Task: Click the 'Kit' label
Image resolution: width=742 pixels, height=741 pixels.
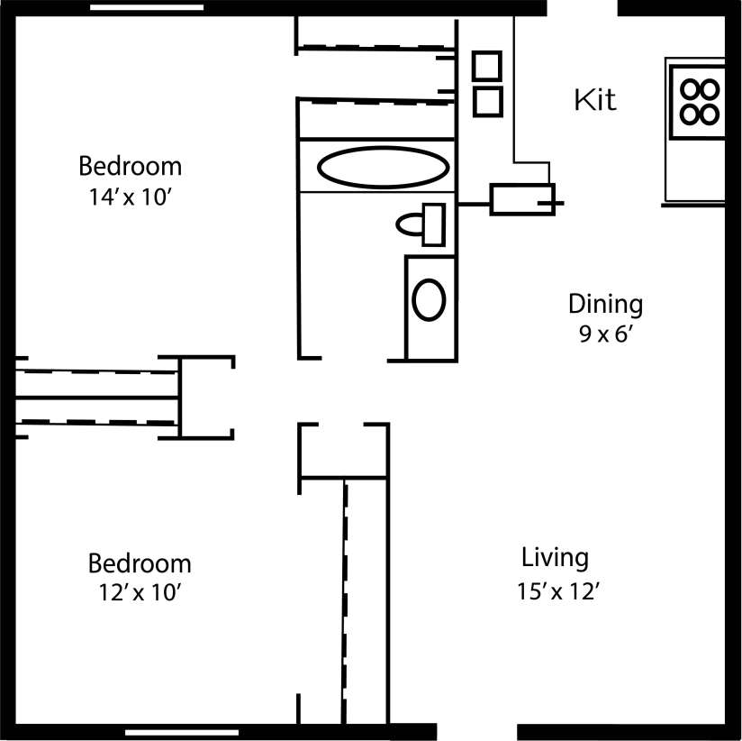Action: [x=595, y=99]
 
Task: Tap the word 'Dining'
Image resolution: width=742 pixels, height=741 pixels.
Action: [x=605, y=304]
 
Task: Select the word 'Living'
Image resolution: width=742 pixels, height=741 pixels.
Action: [x=555, y=557]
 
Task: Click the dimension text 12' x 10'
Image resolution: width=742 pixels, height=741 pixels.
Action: [x=139, y=592]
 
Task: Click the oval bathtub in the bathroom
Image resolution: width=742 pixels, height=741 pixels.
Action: [x=384, y=167]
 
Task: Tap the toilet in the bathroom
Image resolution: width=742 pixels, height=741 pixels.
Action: [x=421, y=224]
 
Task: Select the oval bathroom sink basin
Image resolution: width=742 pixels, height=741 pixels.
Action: [x=429, y=300]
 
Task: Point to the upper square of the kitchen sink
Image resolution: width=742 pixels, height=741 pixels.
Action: [x=487, y=67]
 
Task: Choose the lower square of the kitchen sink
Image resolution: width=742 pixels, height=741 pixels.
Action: [x=487, y=100]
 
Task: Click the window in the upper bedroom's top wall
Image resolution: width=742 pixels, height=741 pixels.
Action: [x=147, y=7]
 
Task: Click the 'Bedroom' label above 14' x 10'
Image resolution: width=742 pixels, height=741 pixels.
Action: [x=130, y=167]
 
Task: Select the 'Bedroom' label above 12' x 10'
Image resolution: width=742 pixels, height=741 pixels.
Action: [x=139, y=563]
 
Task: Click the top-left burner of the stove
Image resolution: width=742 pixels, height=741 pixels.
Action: [x=691, y=89]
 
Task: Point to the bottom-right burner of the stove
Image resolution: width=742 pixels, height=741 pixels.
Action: [x=710, y=114]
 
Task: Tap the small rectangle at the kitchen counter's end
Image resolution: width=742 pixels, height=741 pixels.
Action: [x=521, y=198]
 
